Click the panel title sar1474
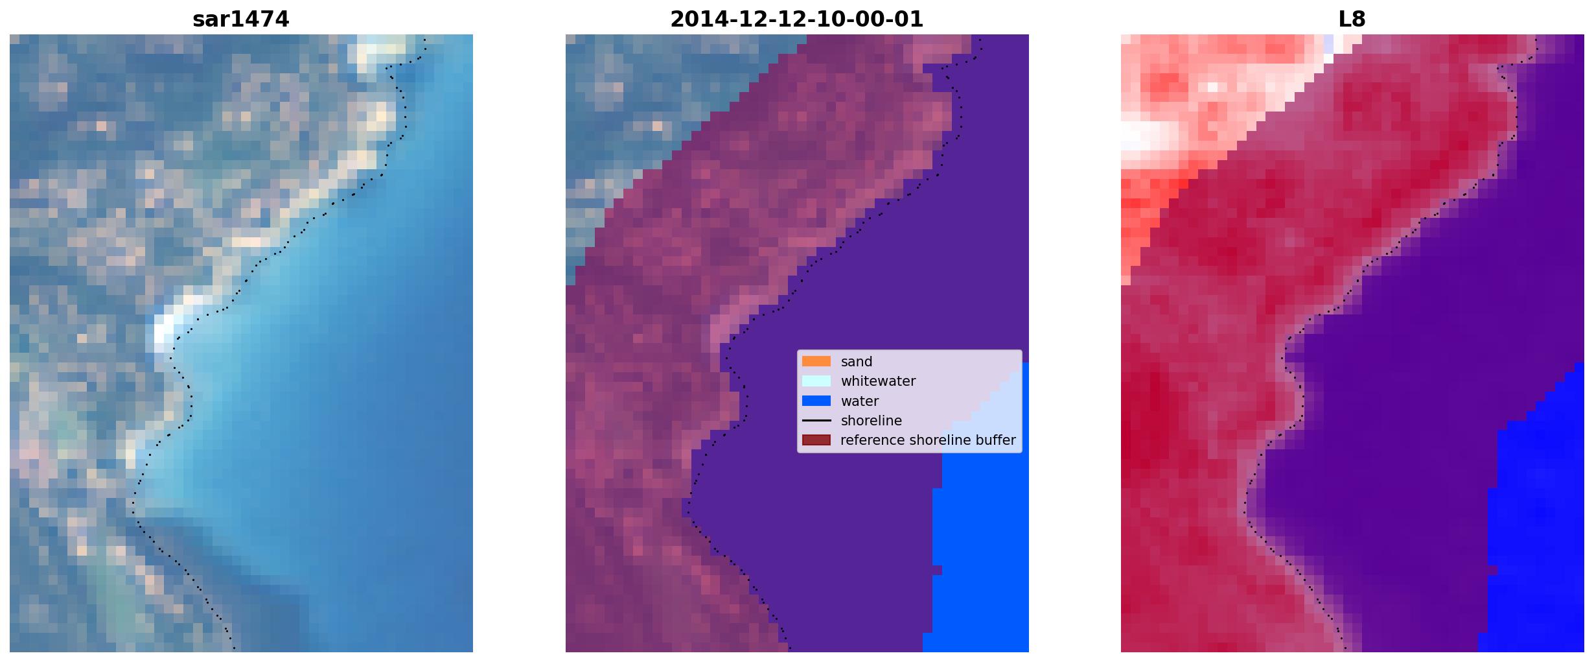click(x=241, y=19)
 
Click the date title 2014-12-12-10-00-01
click(x=796, y=19)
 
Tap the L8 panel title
click(x=1352, y=19)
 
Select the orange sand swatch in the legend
click(x=816, y=361)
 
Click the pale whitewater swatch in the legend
click(x=816, y=381)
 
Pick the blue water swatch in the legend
click(x=816, y=401)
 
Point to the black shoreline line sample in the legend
click(x=816, y=421)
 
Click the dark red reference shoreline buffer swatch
click(x=816, y=440)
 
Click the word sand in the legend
click(x=857, y=362)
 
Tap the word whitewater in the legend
click(x=878, y=381)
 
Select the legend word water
click(x=860, y=401)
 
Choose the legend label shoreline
click(x=872, y=421)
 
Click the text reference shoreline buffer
click(x=928, y=440)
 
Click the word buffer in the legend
click(x=996, y=440)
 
